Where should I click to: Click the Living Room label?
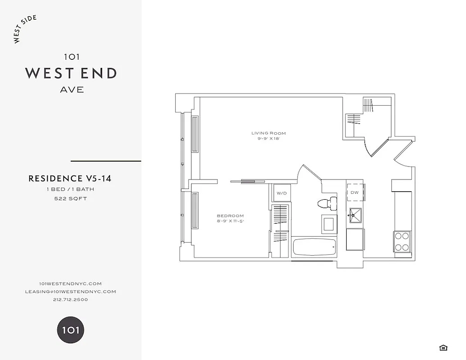pyautogui.click(x=268, y=133)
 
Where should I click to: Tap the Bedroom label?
pyautogui.click(x=230, y=216)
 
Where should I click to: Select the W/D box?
pyautogui.click(x=281, y=193)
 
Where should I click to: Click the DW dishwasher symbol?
pyautogui.click(x=355, y=193)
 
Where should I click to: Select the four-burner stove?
pyautogui.click(x=402, y=241)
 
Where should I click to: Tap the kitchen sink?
pyautogui.click(x=355, y=215)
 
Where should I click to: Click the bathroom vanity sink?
pyautogui.click(x=329, y=224)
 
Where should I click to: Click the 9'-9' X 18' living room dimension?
pyautogui.click(x=268, y=139)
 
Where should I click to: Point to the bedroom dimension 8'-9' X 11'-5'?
pyautogui.click(x=230, y=221)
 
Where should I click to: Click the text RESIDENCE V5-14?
pyautogui.click(x=70, y=179)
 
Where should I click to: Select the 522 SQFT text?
pyautogui.click(x=70, y=198)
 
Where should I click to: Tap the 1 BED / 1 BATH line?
pyautogui.click(x=70, y=189)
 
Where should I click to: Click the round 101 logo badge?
pyautogui.click(x=70, y=330)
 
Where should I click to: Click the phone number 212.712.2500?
pyautogui.click(x=70, y=300)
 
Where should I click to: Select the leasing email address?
pyautogui.click(x=70, y=292)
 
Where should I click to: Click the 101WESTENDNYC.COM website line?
pyautogui.click(x=70, y=283)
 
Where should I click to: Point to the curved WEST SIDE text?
pyautogui.click(x=25, y=30)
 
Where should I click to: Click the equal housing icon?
pyautogui.click(x=443, y=347)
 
